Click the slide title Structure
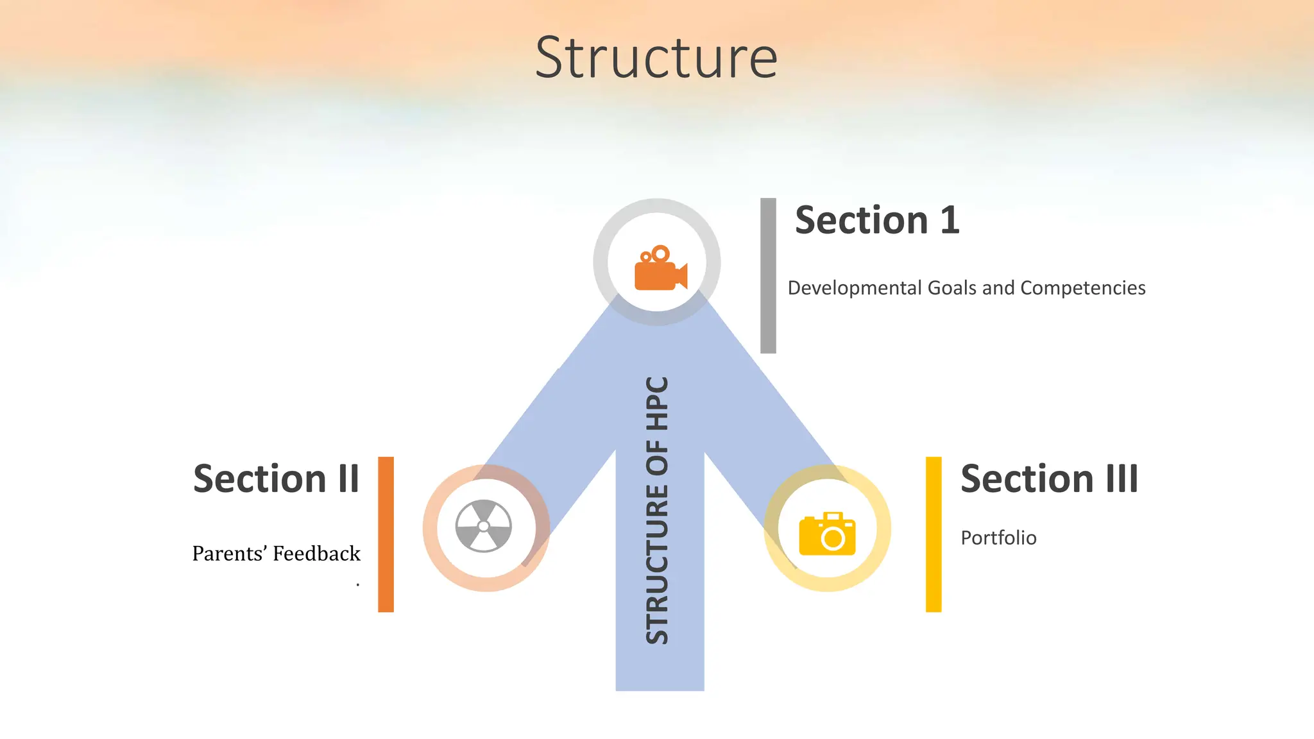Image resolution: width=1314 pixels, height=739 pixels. [656, 58]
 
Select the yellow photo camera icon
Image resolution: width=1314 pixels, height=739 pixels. [827, 534]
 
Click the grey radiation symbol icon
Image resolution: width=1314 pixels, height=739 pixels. [484, 526]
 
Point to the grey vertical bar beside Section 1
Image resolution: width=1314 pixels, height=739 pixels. [768, 276]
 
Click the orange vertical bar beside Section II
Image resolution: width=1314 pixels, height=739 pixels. [386, 534]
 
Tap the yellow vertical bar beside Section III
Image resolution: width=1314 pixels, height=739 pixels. [934, 534]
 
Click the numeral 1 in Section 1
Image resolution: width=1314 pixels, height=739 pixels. [950, 221]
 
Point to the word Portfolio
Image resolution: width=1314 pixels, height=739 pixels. [998, 538]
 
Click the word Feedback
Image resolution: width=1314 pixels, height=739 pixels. [316, 553]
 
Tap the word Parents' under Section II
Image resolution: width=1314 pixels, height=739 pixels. [229, 553]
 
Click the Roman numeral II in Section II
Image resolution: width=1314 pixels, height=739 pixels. [348, 479]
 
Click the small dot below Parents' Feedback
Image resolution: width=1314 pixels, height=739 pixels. [357, 584]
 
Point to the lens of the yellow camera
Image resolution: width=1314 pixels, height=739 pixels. [833, 539]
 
